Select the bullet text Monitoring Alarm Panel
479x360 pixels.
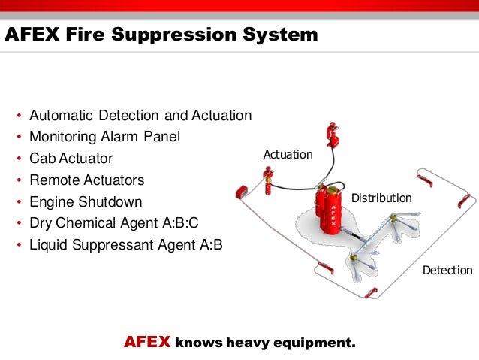click(x=105, y=138)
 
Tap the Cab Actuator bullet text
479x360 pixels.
click(x=71, y=159)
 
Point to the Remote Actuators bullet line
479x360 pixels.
click(x=86, y=180)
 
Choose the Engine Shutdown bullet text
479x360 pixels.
click(x=85, y=202)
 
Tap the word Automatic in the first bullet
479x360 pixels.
click(x=62, y=116)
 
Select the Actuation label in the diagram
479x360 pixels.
click(x=288, y=154)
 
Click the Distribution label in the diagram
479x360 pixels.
click(x=381, y=198)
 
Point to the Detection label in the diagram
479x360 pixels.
click(x=447, y=270)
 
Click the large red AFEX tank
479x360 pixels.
click(x=329, y=214)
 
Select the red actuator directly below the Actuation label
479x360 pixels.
click(x=267, y=179)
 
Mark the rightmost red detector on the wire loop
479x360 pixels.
click(x=465, y=201)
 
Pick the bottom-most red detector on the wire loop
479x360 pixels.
click(x=370, y=292)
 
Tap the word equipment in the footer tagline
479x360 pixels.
click(x=315, y=343)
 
